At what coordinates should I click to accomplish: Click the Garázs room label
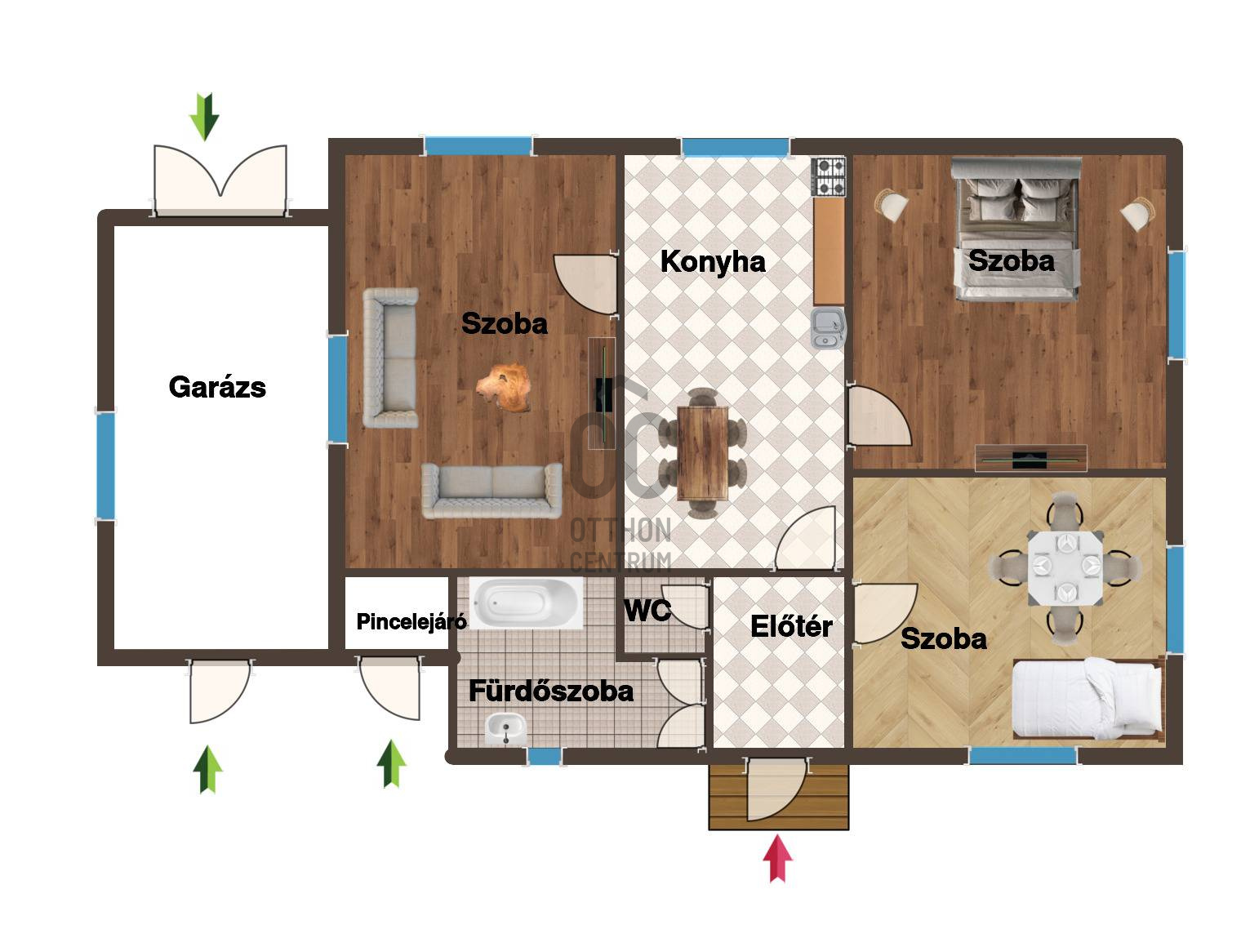pos(217,387)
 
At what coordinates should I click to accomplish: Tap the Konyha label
pos(713,262)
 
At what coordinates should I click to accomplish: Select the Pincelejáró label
pos(411,621)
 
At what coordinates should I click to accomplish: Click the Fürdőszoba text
pos(550,691)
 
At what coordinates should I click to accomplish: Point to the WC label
pos(647,611)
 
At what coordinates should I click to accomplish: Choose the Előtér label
pos(791,626)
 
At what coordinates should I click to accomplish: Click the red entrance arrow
pos(777,858)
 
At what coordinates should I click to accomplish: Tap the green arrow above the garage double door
pos(204,117)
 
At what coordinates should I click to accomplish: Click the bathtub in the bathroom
pos(526,603)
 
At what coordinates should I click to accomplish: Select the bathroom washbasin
pos(506,729)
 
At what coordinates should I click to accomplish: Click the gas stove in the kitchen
pos(828,177)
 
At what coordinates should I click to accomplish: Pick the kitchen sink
pos(828,328)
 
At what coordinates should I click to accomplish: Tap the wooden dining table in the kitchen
pos(703,453)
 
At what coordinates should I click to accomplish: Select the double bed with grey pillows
pos(1016,229)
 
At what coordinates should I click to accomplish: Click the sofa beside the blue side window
pos(390,358)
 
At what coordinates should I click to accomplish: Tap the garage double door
pos(220,180)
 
